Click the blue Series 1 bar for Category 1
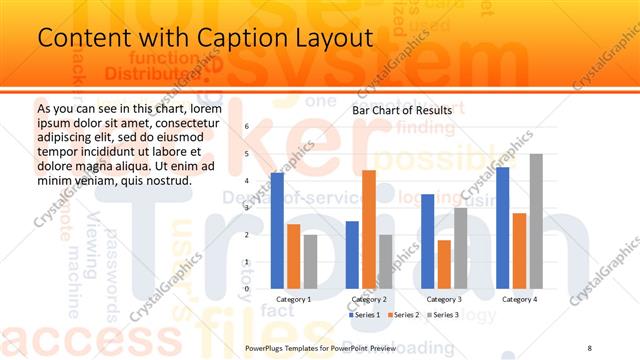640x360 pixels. click(x=277, y=231)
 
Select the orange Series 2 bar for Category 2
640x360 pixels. click(x=369, y=230)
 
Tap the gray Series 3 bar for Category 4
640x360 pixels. click(x=536, y=222)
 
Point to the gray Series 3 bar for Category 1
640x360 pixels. click(x=310, y=262)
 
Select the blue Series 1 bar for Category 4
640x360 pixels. click(x=502, y=228)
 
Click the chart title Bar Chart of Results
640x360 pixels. click(x=402, y=110)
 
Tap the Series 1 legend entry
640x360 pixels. click(x=363, y=315)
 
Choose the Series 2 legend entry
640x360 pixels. click(x=403, y=315)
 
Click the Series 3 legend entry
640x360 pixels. click(x=443, y=315)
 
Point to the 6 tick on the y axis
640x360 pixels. click(x=246, y=126)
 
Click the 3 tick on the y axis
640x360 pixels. click(x=246, y=208)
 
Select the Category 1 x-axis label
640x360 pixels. click(x=293, y=299)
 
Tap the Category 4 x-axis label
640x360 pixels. click(x=519, y=299)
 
